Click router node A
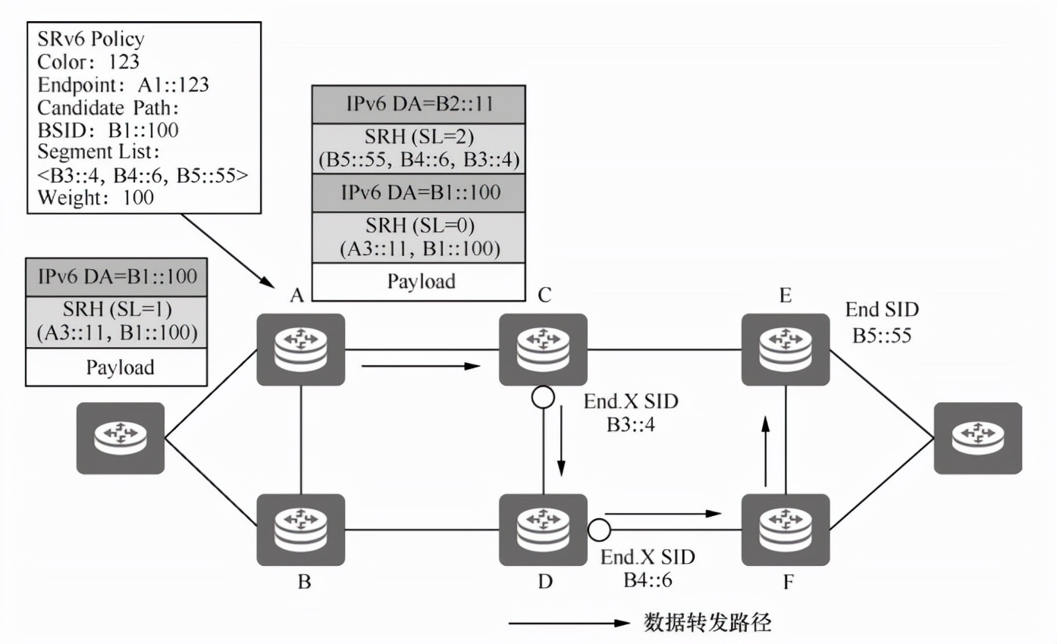(301, 350)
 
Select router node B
(301, 530)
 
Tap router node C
(543, 350)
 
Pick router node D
(543, 530)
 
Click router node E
(786, 350)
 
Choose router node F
(786, 530)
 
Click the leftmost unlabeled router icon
(120, 438)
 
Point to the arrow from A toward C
(421, 367)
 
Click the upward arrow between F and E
(767, 452)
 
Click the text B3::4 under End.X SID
(631, 424)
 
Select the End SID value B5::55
(882, 333)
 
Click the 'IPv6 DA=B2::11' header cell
(419, 105)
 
